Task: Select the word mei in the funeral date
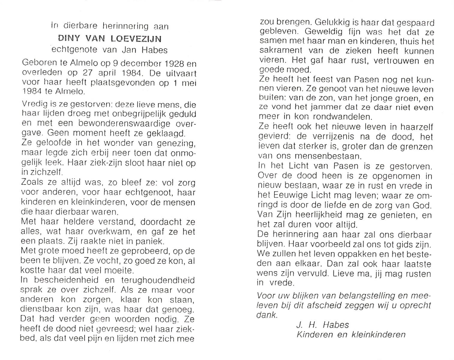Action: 189,82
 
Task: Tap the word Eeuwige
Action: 293,195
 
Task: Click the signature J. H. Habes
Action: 323,325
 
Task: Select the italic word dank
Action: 266,315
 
